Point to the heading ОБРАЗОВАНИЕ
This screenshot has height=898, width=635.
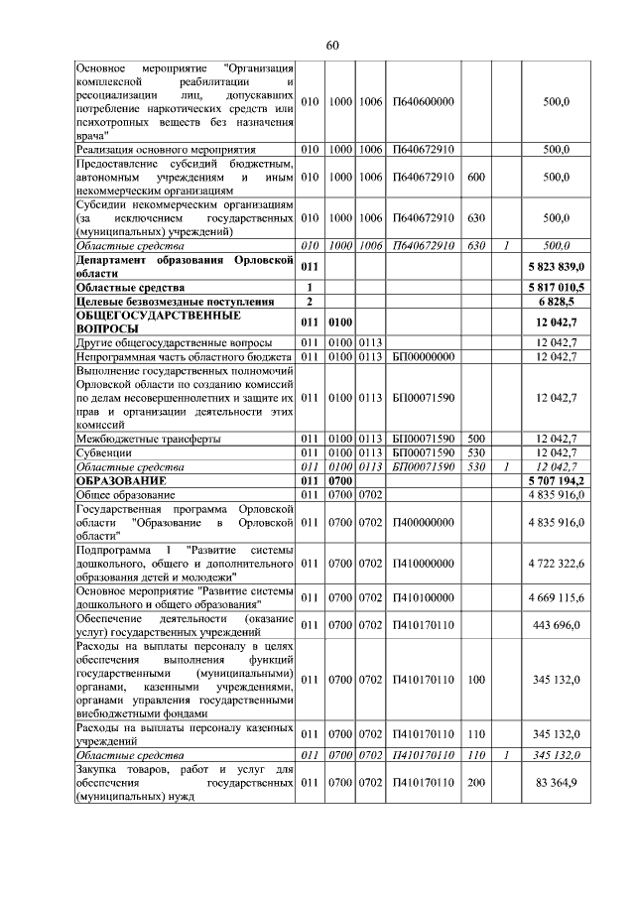(118, 479)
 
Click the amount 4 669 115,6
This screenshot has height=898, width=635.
(558, 597)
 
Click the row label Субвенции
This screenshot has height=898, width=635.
(104, 451)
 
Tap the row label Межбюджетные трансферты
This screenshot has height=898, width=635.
(149, 438)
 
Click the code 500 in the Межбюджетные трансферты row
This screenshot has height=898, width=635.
(475, 438)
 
